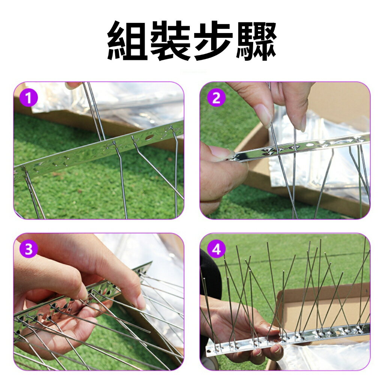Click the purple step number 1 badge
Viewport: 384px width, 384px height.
coord(28,98)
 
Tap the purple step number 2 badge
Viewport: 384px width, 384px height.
coord(216,98)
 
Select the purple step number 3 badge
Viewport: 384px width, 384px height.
coord(28,249)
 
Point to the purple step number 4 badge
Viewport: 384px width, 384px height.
coord(216,249)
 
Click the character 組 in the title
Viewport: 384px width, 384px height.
coord(127,40)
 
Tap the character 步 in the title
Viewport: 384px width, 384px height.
coord(213,40)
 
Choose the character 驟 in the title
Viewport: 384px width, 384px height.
coord(256,40)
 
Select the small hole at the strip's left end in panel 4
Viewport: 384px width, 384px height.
coord(209,352)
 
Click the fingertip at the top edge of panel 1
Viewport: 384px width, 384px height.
coord(73,85)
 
